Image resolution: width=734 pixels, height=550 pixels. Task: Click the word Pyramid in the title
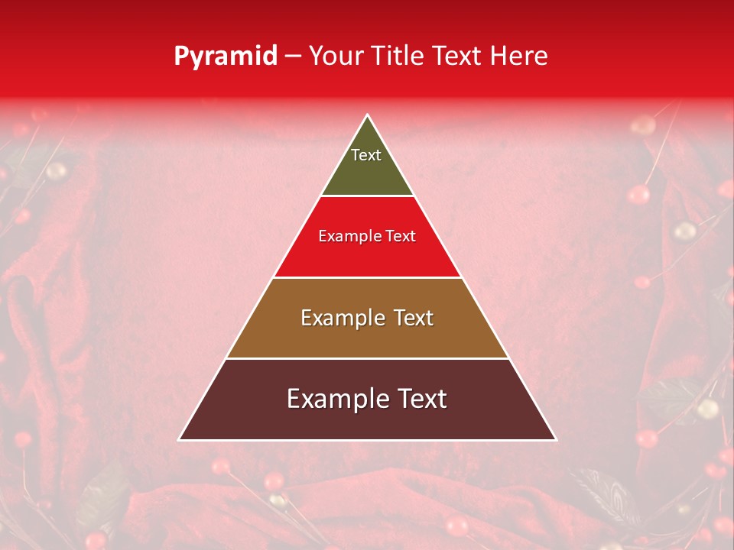226,57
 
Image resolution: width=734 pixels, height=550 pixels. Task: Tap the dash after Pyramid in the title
293,57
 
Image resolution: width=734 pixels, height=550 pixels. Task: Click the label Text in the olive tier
366,155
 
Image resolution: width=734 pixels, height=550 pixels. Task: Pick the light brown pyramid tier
367,336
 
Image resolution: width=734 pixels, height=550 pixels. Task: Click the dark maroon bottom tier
367,420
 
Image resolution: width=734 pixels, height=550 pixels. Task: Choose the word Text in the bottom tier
421,399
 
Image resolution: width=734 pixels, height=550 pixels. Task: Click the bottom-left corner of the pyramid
180,439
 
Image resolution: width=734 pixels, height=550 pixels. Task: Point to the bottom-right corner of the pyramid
554,439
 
